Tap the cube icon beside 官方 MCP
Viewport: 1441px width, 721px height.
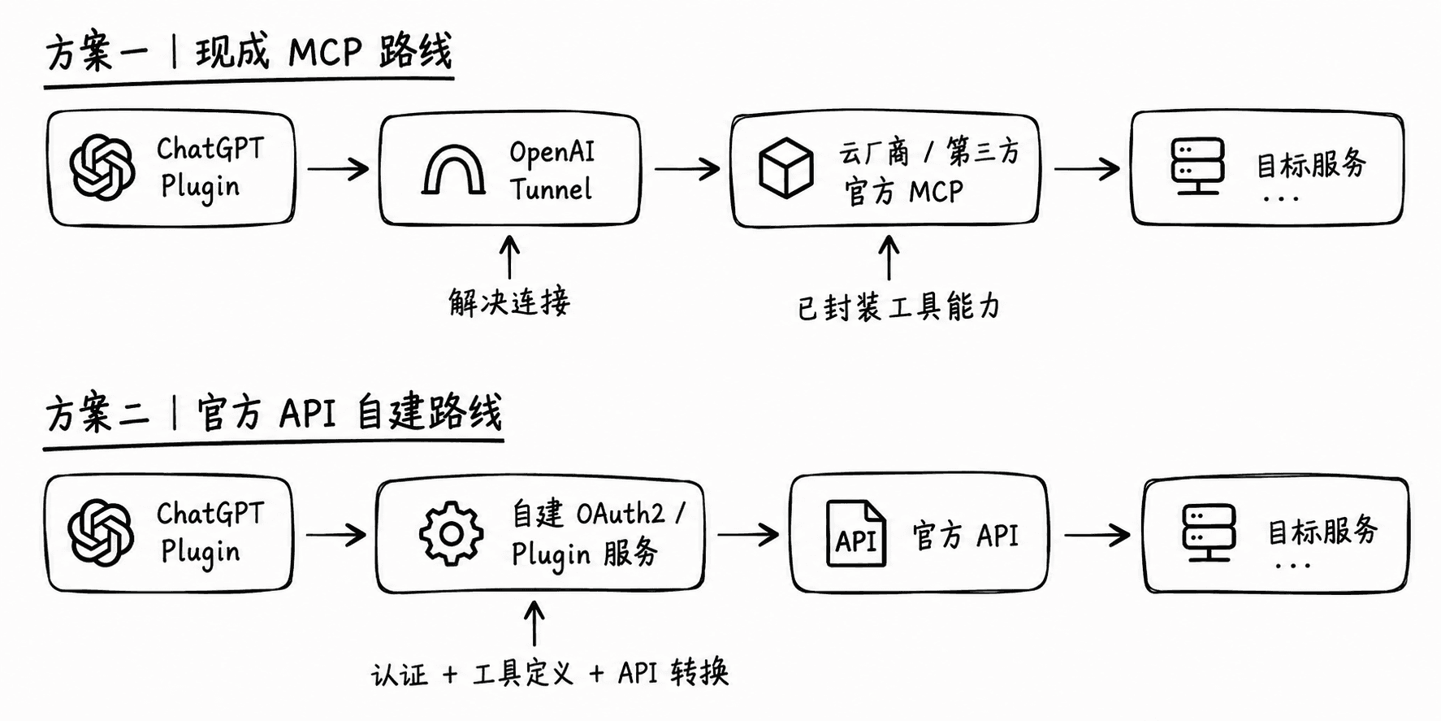785,168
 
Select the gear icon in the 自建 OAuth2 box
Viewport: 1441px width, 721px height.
452,534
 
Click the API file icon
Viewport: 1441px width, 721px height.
855,533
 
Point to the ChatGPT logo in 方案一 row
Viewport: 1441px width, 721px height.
102,167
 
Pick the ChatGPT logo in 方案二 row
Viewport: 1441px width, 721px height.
101,532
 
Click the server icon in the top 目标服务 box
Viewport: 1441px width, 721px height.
1197,167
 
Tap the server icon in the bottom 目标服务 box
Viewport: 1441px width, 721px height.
1209,532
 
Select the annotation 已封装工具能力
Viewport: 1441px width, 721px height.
898,307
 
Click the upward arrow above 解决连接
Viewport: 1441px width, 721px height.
509,257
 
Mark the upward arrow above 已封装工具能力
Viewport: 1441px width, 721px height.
889,258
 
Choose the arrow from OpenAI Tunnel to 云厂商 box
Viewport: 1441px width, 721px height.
687,169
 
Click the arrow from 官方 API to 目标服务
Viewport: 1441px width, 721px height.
1097,535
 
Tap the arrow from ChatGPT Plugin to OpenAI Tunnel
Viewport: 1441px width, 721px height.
338,169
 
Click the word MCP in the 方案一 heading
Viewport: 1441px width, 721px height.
325,53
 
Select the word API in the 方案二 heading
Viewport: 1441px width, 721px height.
307,414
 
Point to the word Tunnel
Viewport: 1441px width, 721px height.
551,189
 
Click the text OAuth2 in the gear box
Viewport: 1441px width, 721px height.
621,514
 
